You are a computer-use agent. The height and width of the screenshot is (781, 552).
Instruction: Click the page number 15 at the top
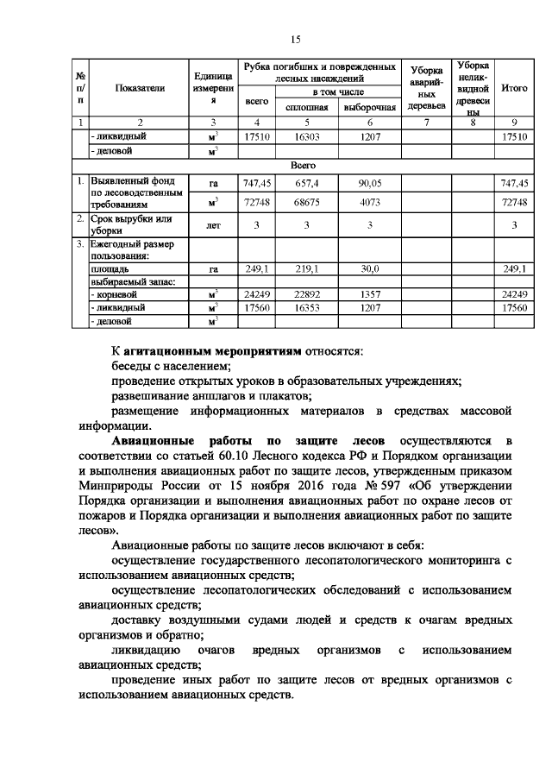coord(295,39)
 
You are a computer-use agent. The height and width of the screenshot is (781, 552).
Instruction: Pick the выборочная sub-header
coord(369,108)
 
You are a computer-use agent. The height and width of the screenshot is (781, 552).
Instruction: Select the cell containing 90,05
coord(369,183)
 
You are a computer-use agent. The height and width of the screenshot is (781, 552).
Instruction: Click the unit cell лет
coord(213,225)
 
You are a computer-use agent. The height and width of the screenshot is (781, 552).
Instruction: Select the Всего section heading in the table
coord(302,165)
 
